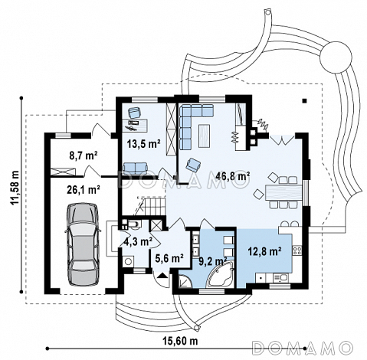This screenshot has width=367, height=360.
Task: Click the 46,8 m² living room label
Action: pyautogui.click(x=232, y=176)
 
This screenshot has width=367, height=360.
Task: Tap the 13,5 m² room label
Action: pyautogui.click(x=144, y=144)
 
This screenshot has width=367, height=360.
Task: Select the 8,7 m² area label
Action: pyautogui.click(x=84, y=155)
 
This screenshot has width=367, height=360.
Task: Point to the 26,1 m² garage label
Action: pyautogui.click(x=84, y=190)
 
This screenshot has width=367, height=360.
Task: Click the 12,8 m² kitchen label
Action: pyautogui.click(x=265, y=251)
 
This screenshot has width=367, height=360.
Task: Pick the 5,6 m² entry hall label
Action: pyautogui.click(x=169, y=258)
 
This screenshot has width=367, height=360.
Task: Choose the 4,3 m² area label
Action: pyautogui.click(x=138, y=241)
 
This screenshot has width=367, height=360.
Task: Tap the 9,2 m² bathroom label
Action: pyautogui.click(x=213, y=261)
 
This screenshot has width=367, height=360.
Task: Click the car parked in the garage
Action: pyautogui.click(x=83, y=244)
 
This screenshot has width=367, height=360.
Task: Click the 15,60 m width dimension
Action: pyautogui.click(x=180, y=340)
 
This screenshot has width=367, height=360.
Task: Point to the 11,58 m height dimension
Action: pyautogui.click(x=15, y=187)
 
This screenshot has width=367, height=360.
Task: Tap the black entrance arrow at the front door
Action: pyautogui.click(x=162, y=275)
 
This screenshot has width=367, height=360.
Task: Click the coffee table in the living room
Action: pyautogui.click(x=205, y=136)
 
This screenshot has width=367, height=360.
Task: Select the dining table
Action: pyautogui.click(x=283, y=192)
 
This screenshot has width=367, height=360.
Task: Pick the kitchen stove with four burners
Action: pyautogui.click(x=297, y=250)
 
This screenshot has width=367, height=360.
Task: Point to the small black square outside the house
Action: pyautogui.click(x=304, y=100)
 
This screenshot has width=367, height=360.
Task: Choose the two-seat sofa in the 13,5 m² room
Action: pyautogui.click(x=136, y=168)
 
